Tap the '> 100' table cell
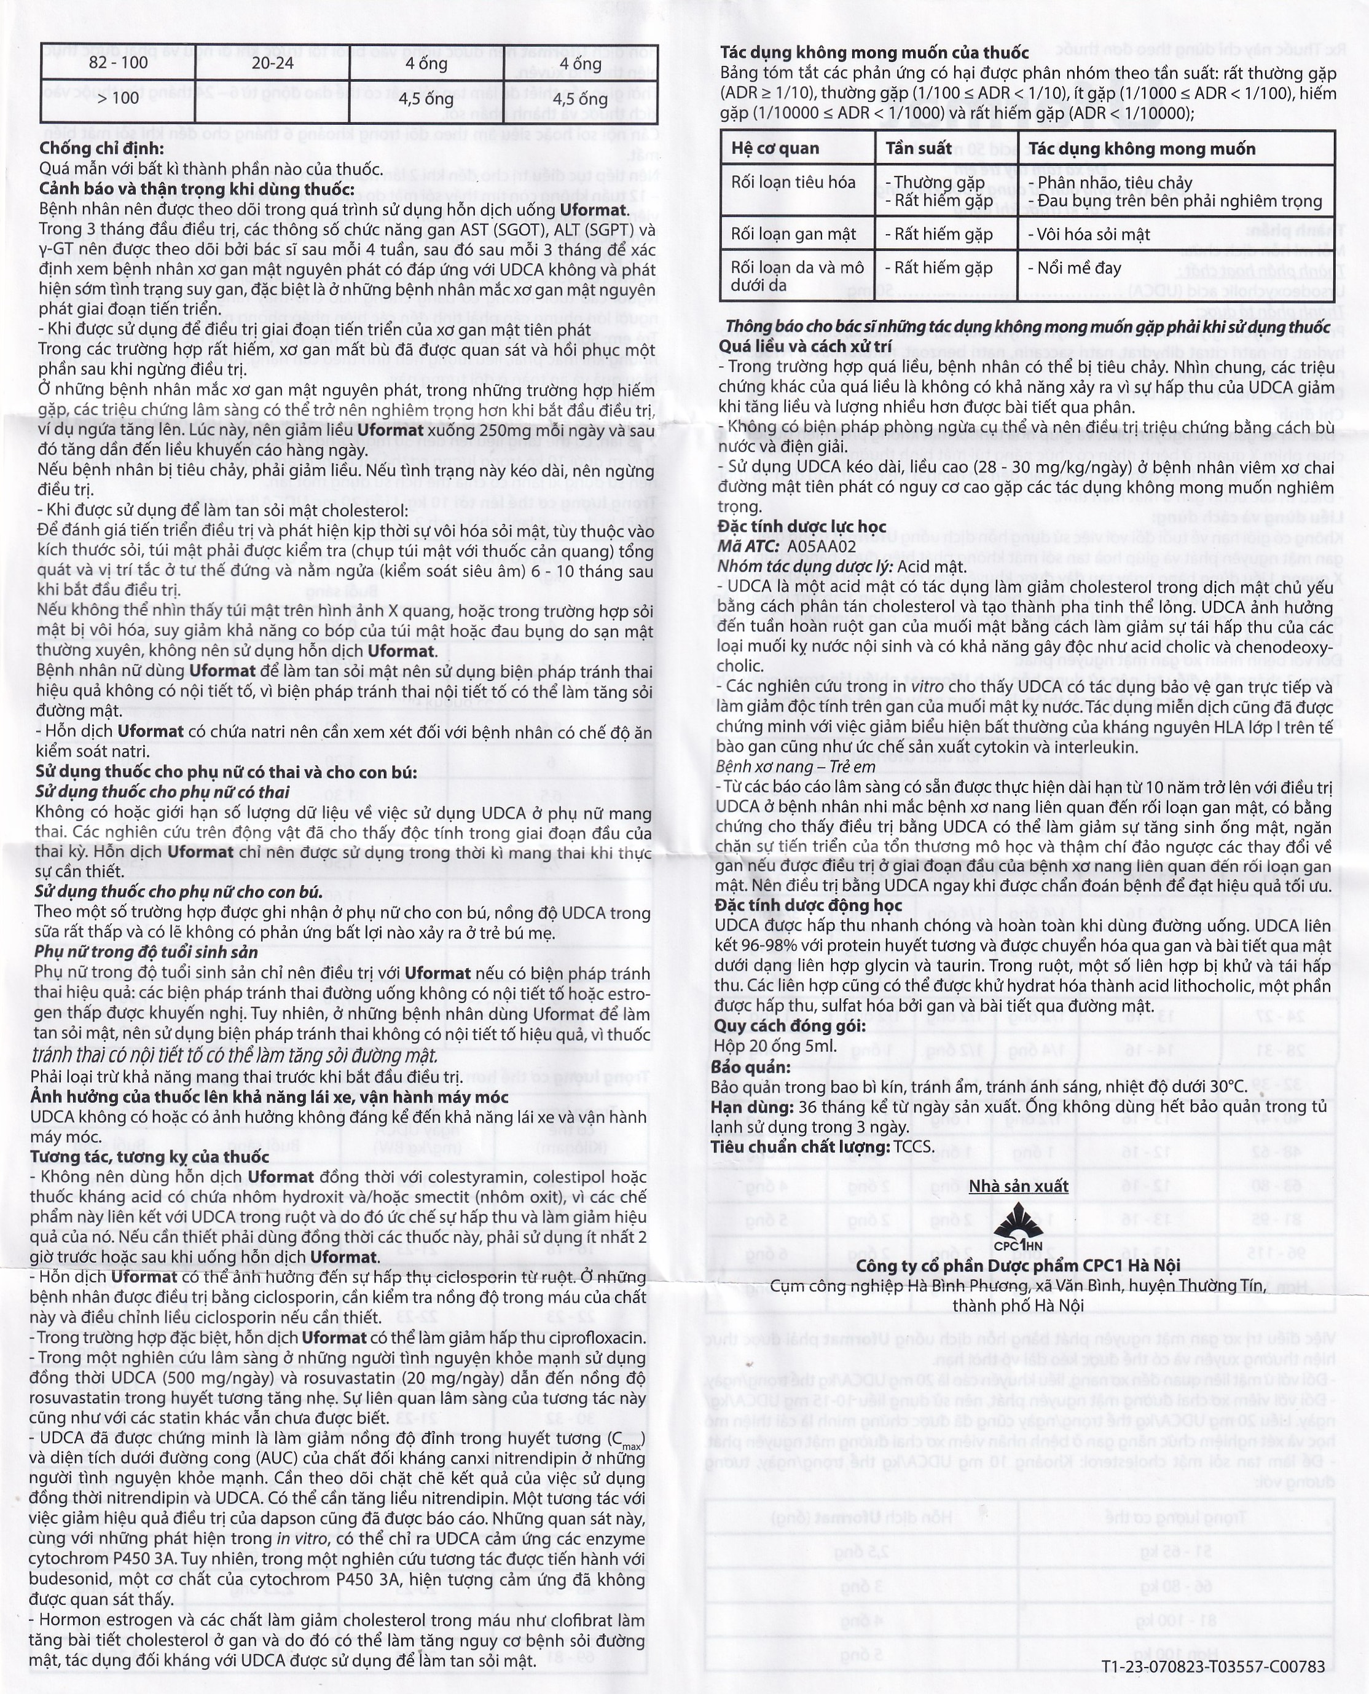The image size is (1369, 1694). click(119, 98)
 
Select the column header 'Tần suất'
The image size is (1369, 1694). click(918, 149)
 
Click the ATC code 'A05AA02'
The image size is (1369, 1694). click(821, 546)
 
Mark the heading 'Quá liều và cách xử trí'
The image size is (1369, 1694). click(805, 346)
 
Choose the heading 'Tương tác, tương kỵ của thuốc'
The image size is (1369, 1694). click(150, 1157)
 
